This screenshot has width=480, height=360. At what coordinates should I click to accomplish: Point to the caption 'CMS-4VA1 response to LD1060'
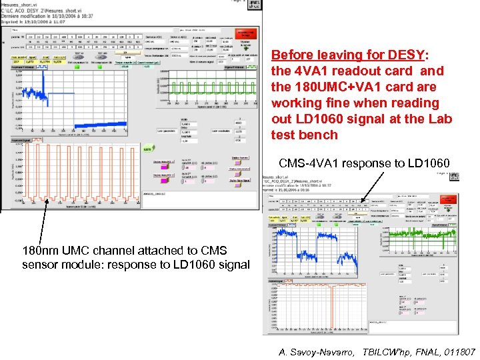tap(364, 163)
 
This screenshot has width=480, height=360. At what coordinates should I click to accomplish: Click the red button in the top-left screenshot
tap(245, 34)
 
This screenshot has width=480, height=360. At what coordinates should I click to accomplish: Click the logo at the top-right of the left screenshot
tap(253, 5)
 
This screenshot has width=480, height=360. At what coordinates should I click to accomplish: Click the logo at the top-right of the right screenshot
tap(453, 176)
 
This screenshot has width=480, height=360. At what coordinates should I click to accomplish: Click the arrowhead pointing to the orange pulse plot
tap(47, 201)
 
